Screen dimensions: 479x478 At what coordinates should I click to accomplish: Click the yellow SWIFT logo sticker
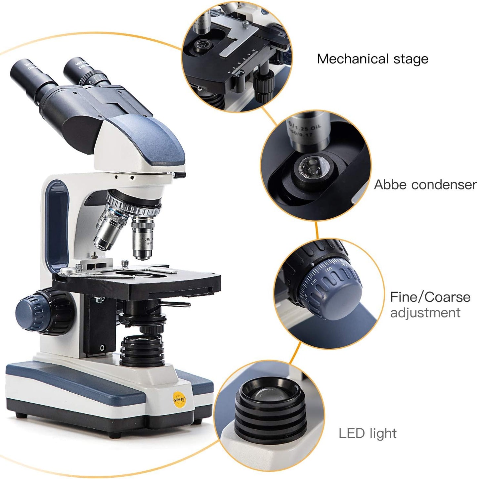pyautogui.click(x=180, y=400)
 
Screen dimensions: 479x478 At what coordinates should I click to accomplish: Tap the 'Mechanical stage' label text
pyautogui.click(x=372, y=59)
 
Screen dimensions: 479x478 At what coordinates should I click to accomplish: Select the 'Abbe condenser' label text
pyautogui.click(x=425, y=185)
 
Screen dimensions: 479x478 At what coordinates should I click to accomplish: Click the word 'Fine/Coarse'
pyautogui.click(x=430, y=297)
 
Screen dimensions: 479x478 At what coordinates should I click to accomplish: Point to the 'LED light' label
pyautogui.click(x=368, y=433)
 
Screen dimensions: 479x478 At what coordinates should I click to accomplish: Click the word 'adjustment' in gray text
pyautogui.click(x=425, y=313)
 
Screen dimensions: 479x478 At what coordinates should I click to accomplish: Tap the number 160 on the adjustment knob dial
pyautogui.click(x=328, y=269)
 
